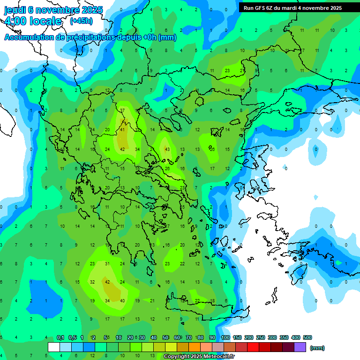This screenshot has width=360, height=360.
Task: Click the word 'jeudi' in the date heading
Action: (x=15, y=9)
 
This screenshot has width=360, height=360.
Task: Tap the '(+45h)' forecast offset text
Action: (x=81, y=21)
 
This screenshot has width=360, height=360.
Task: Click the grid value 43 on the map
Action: (x=167, y=150)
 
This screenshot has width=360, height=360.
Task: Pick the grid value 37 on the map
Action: (x=122, y=111)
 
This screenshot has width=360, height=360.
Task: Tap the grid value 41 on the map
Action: (x=123, y=130)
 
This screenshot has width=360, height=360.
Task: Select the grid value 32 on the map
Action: (x=92, y=282)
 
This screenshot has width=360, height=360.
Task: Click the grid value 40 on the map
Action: (x=122, y=301)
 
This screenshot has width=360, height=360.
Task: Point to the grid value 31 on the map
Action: (x=107, y=264)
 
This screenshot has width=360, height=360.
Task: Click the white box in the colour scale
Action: (x=54, y=347)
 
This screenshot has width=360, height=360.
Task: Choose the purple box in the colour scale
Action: (x=300, y=347)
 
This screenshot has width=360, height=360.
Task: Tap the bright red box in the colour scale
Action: (x=253, y=347)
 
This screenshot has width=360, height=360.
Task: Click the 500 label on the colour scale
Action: (x=307, y=337)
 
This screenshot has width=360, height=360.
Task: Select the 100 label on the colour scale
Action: (x=225, y=337)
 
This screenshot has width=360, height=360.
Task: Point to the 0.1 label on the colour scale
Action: (x=60, y=337)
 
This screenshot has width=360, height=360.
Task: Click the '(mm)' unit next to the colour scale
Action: (x=317, y=348)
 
